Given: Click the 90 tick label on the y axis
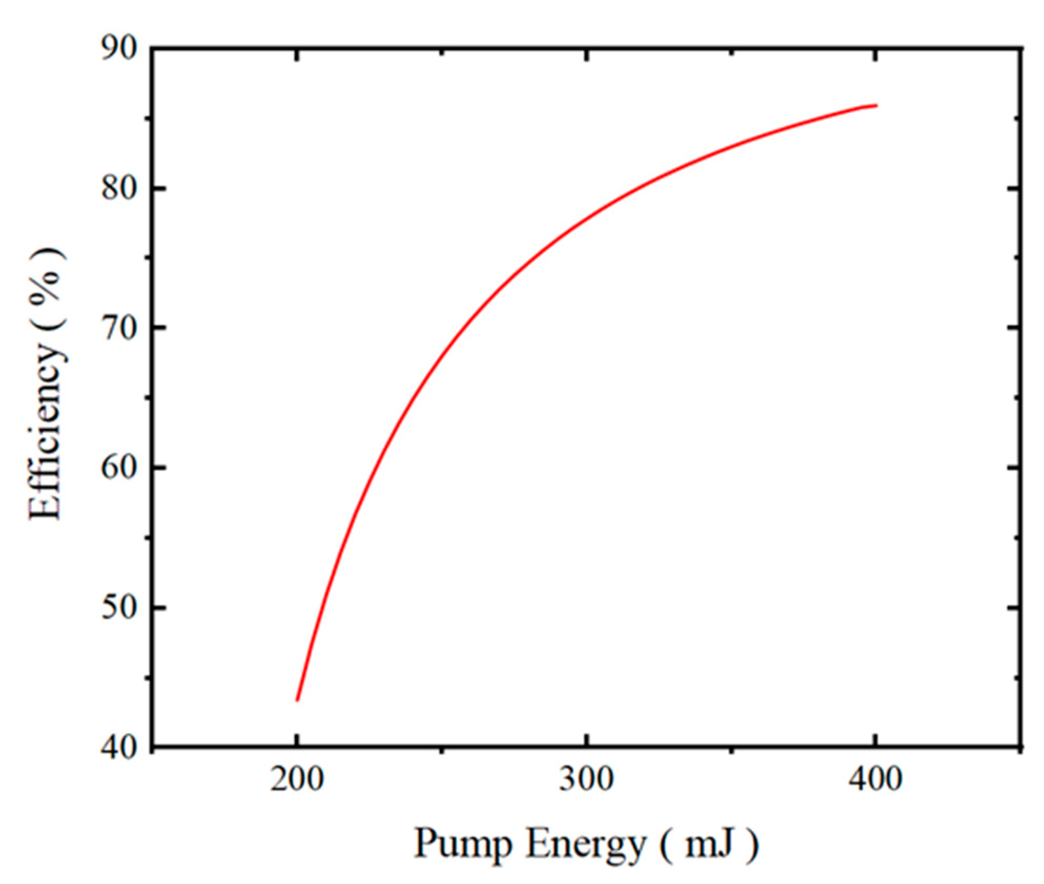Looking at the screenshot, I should pyautogui.click(x=119, y=48).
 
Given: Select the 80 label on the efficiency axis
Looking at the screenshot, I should pyautogui.click(x=119, y=188).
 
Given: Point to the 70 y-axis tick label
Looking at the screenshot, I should pyautogui.click(x=119, y=327).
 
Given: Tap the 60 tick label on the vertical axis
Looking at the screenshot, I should pyautogui.click(x=119, y=467).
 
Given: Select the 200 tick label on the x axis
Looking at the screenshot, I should pyautogui.click(x=297, y=779).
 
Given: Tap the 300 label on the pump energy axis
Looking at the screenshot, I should pyautogui.click(x=586, y=779).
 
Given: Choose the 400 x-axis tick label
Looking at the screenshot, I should pyautogui.click(x=875, y=779).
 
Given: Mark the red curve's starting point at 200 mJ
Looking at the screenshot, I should pyautogui.click(x=298, y=700).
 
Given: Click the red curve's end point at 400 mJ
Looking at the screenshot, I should pyautogui.click(x=876, y=106).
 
